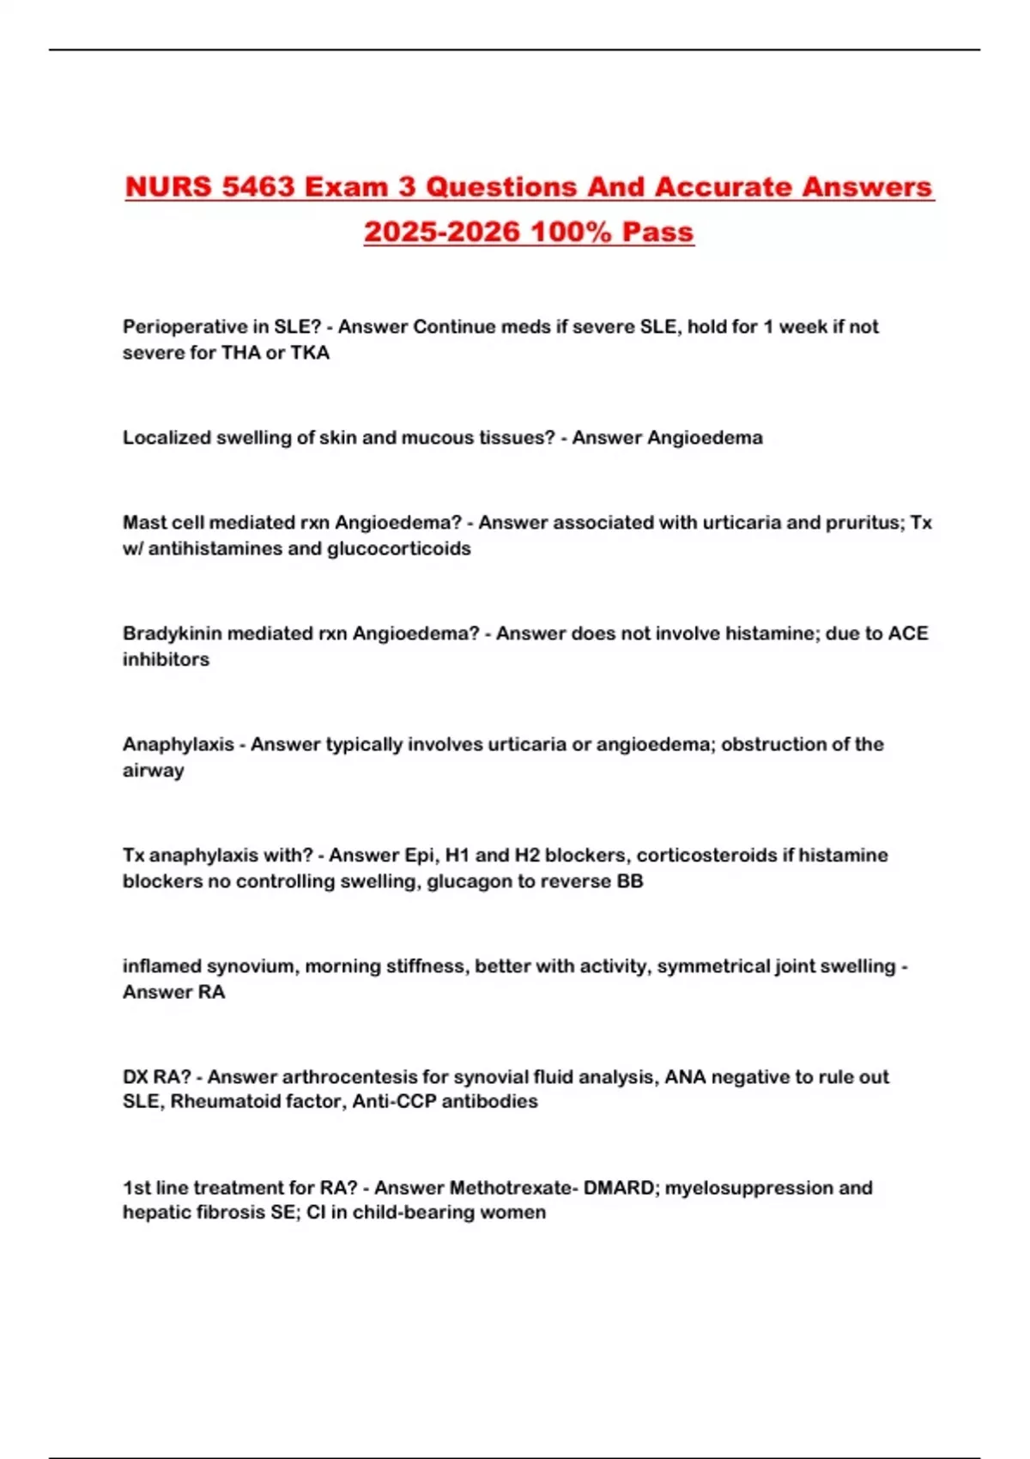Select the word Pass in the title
point(657,232)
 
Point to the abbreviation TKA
point(310,353)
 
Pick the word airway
point(154,771)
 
